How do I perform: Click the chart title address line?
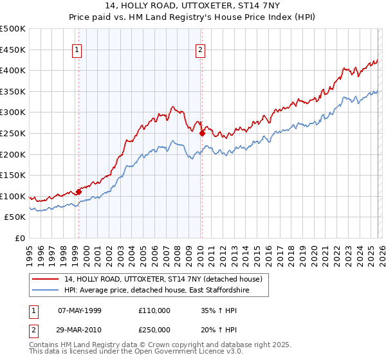point(193,6)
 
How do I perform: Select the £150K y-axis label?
point(13,175)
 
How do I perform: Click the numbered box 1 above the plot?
point(77,50)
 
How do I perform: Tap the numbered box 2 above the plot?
point(201,50)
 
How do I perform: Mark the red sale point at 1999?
point(78,192)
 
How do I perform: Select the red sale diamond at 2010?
point(202,134)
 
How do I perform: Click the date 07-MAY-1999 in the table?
point(80,310)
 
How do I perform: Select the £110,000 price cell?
point(154,310)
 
